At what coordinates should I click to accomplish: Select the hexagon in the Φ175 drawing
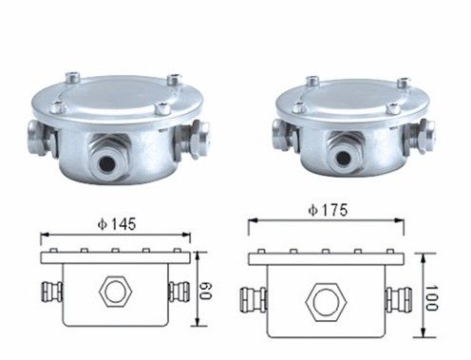coord(324,301)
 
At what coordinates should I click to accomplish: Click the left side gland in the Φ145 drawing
coord(50,290)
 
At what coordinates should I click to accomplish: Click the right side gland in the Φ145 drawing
coord(178,290)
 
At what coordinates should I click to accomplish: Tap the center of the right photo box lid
coord(347,96)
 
